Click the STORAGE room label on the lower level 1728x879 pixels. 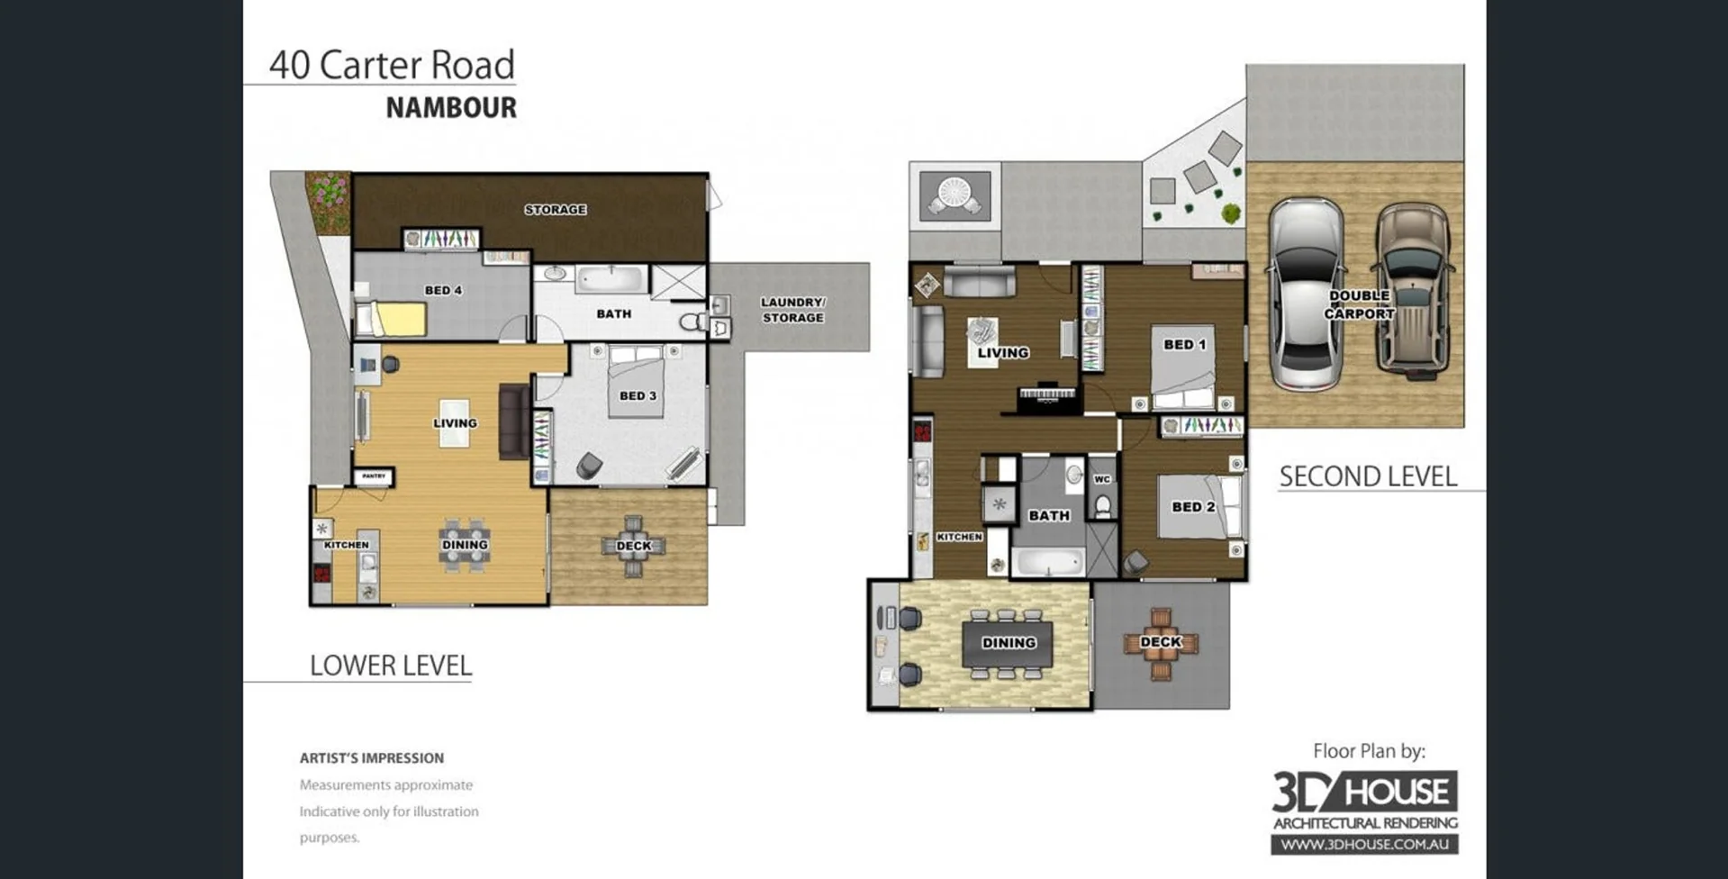(x=556, y=210)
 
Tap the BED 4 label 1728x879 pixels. (x=443, y=290)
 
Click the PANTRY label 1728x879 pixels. (x=374, y=476)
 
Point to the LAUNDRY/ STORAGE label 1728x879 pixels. (x=792, y=310)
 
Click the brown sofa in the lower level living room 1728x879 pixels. (x=515, y=421)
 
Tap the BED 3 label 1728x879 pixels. (x=638, y=395)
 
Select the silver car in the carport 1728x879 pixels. (x=1306, y=294)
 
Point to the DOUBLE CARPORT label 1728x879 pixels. (x=1359, y=304)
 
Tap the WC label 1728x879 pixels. (x=1102, y=479)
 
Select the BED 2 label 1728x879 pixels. (x=1193, y=507)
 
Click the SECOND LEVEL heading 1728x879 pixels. (x=1368, y=476)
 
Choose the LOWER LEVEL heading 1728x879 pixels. (x=391, y=666)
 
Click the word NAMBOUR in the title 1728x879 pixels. (x=451, y=108)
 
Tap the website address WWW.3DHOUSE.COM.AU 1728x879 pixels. (x=1364, y=845)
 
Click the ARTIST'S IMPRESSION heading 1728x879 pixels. (x=372, y=758)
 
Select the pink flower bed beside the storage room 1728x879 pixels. (x=328, y=202)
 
